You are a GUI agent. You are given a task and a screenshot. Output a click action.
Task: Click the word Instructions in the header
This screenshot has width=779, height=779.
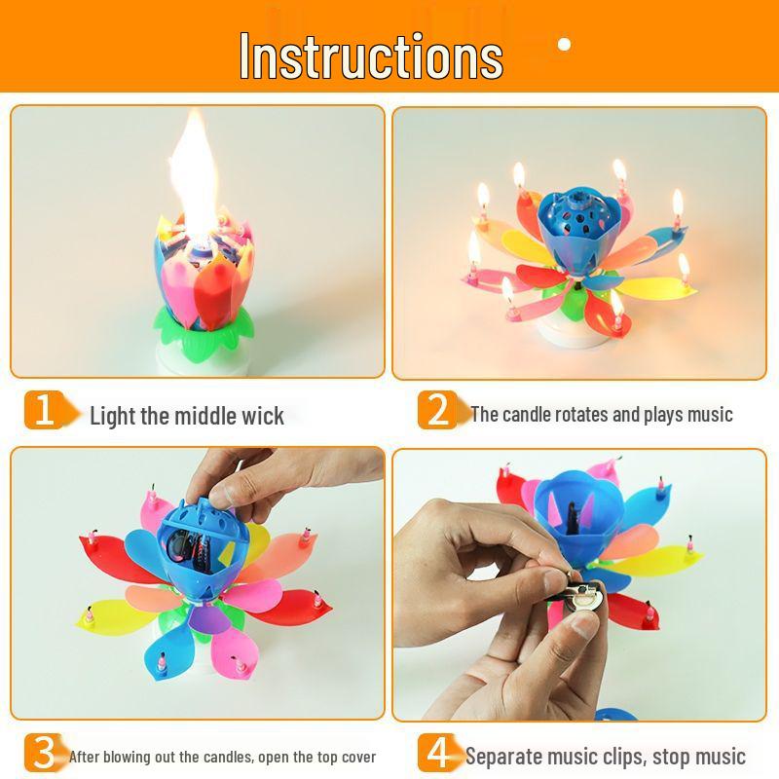[x=371, y=56]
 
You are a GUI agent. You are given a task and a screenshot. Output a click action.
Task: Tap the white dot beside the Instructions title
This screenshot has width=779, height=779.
[x=564, y=44]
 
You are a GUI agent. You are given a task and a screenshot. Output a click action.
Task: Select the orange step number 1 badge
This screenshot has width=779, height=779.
[x=44, y=410]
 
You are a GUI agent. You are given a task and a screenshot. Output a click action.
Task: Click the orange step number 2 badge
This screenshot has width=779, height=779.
[x=438, y=410]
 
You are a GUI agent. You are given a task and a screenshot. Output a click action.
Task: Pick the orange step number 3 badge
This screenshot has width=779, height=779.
[x=42, y=753]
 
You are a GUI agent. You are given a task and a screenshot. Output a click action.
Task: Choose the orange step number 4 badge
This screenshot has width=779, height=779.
[x=438, y=753]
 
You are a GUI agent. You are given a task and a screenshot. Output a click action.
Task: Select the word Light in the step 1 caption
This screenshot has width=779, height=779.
[x=112, y=417]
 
